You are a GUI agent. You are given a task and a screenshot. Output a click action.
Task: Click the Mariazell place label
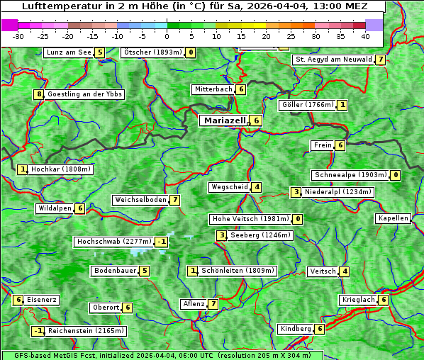click(x=224, y=120)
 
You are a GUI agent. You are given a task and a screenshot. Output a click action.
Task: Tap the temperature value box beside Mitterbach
click(x=241, y=89)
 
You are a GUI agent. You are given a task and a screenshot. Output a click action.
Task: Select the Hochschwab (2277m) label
click(x=113, y=242)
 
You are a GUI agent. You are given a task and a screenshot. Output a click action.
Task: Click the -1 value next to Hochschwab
click(x=162, y=242)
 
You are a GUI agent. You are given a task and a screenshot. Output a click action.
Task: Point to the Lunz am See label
click(x=68, y=52)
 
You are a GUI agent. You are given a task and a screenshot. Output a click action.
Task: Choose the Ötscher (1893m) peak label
click(x=152, y=52)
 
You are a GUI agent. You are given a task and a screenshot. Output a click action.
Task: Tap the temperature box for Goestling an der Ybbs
click(x=38, y=94)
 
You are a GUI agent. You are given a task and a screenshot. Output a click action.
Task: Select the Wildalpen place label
click(x=55, y=208)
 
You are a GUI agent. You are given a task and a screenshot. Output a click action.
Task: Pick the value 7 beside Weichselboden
click(x=174, y=200)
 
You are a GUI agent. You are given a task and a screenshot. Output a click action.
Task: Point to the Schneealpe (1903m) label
click(x=350, y=175)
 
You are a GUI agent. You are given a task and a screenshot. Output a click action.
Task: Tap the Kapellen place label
click(x=393, y=218)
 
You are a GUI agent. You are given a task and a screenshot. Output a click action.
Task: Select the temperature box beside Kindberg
click(x=320, y=329)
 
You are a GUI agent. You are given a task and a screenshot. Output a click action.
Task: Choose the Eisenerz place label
click(x=42, y=300)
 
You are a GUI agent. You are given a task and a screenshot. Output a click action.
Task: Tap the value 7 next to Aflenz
click(x=213, y=304)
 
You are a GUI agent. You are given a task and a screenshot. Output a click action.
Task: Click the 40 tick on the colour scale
click(x=365, y=36)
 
